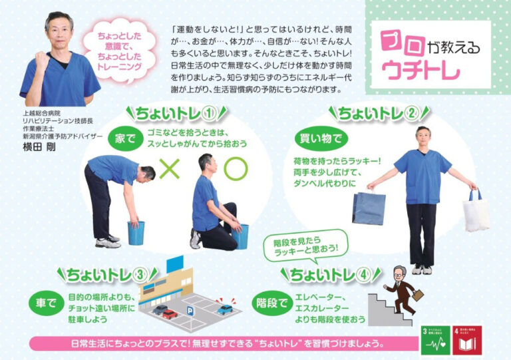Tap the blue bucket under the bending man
tap(136, 232)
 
